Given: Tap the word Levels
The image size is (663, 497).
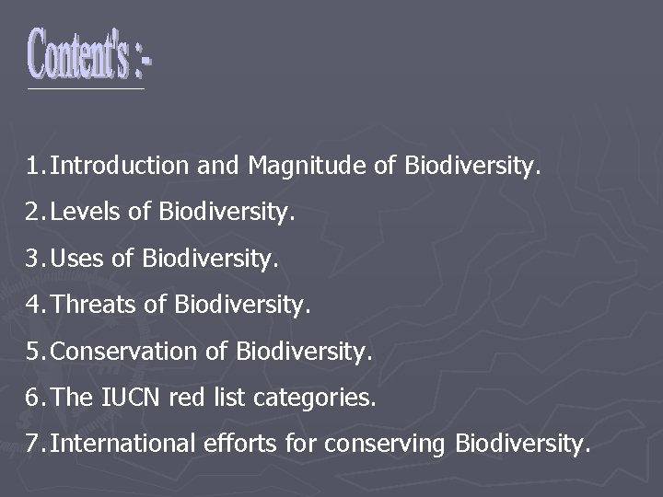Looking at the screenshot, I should [x=89, y=214].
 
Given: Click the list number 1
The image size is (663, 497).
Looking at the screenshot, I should [x=33, y=167].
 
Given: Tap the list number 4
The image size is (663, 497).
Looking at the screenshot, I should [x=34, y=303].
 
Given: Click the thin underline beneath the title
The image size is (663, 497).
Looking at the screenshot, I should [x=86, y=89].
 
